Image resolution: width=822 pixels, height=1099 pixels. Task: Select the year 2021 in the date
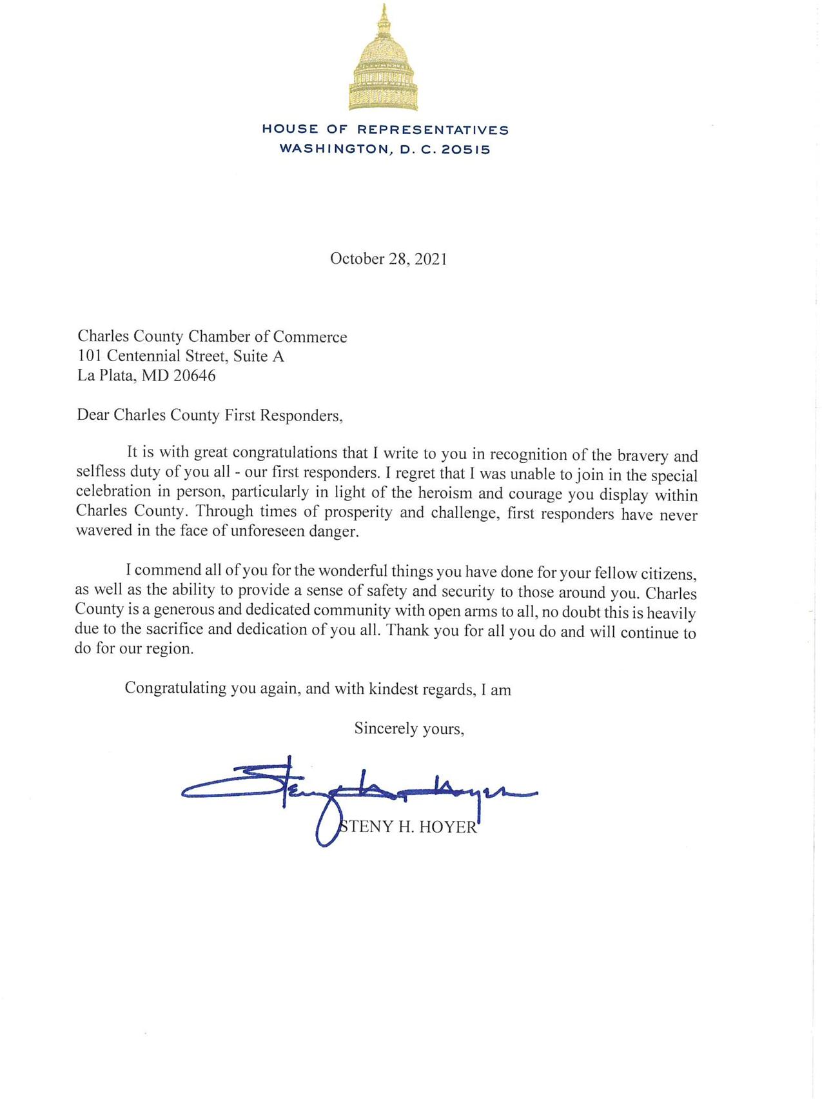pyautogui.click(x=430, y=259)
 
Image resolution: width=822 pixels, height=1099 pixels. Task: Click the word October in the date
pyautogui.click(x=357, y=259)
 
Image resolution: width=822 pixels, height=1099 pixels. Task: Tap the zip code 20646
pyautogui.click(x=194, y=375)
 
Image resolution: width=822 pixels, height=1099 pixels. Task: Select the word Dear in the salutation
pyautogui.click(x=93, y=415)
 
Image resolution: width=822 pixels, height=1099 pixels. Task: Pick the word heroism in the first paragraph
pyautogui.click(x=451, y=493)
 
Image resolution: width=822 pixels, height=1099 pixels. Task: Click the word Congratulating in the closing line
pyautogui.click(x=175, y=688)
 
